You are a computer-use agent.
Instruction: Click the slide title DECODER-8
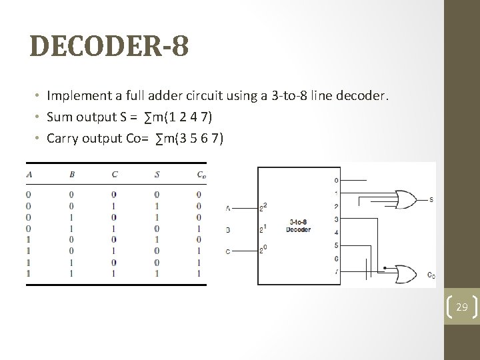tap(109, 47)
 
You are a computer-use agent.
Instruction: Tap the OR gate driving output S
tap(404, 199)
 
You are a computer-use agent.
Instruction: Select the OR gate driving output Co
tap(404, 272)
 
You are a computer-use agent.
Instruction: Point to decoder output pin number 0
tap(335, 180)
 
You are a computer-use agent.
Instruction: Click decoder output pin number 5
tap(335, 245)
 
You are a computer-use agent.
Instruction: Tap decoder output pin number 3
tap(335, 219)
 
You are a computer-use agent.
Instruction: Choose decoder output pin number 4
tap(335, 232)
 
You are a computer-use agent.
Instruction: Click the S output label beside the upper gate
tap(431, 199)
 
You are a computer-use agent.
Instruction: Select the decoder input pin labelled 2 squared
tap(263, 206)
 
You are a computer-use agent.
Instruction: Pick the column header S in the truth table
tap(156, 175)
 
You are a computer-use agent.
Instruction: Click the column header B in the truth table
tap(71, 175)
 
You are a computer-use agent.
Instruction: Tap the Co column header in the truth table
tap(200, 175)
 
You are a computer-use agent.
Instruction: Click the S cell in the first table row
tap(156, 195)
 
